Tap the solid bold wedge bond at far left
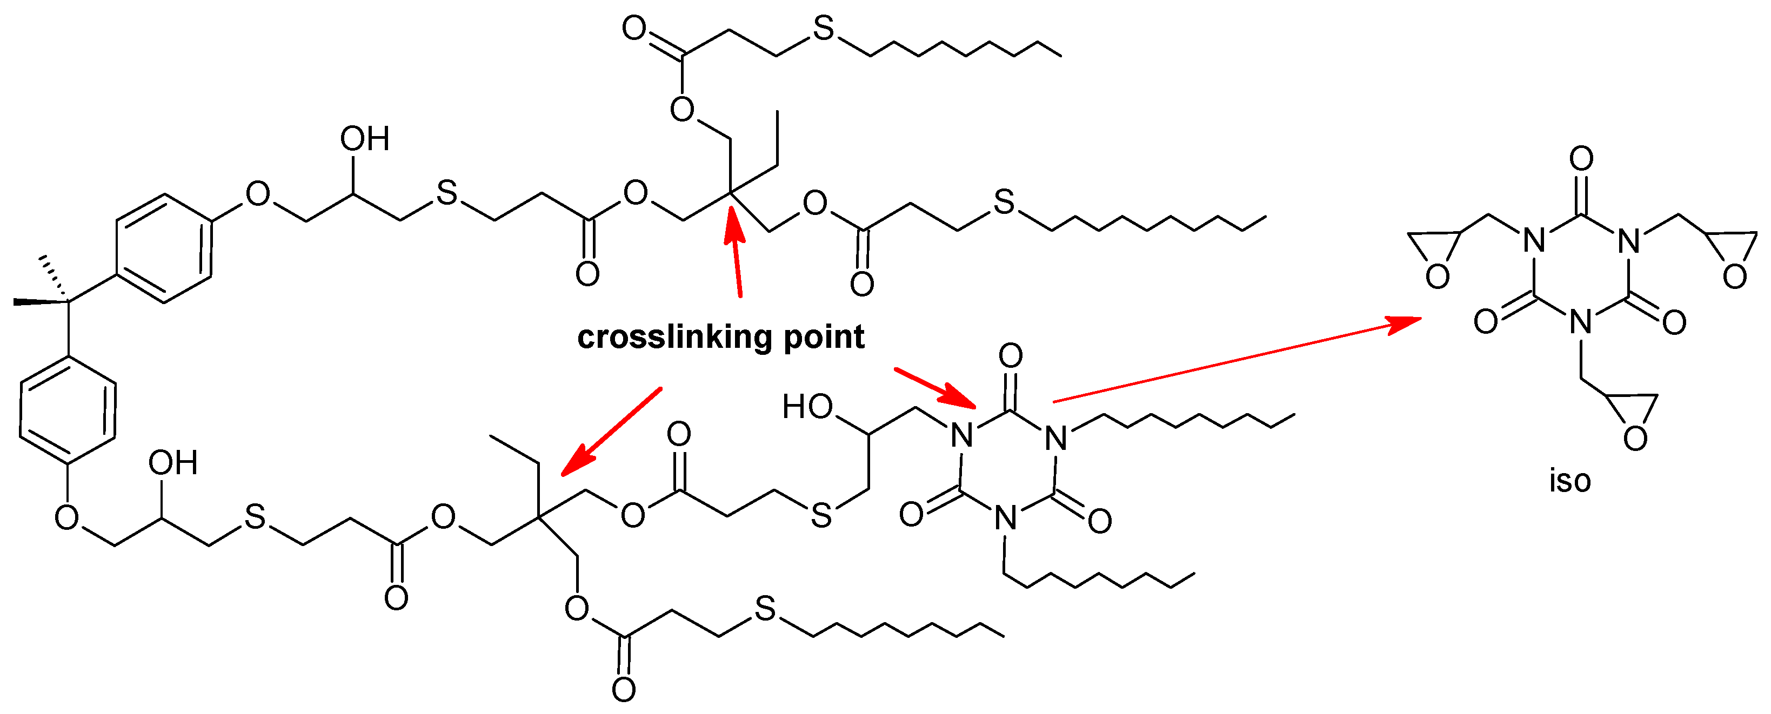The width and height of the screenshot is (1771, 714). (x=40, y=301)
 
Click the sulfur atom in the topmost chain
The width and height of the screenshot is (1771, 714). (x=823, y=29)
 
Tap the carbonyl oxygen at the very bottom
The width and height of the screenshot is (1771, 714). (x=624, y=689)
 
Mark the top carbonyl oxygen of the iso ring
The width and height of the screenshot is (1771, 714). (x=1581, y=159)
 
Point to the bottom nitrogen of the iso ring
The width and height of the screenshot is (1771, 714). (x=1581, y=321)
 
